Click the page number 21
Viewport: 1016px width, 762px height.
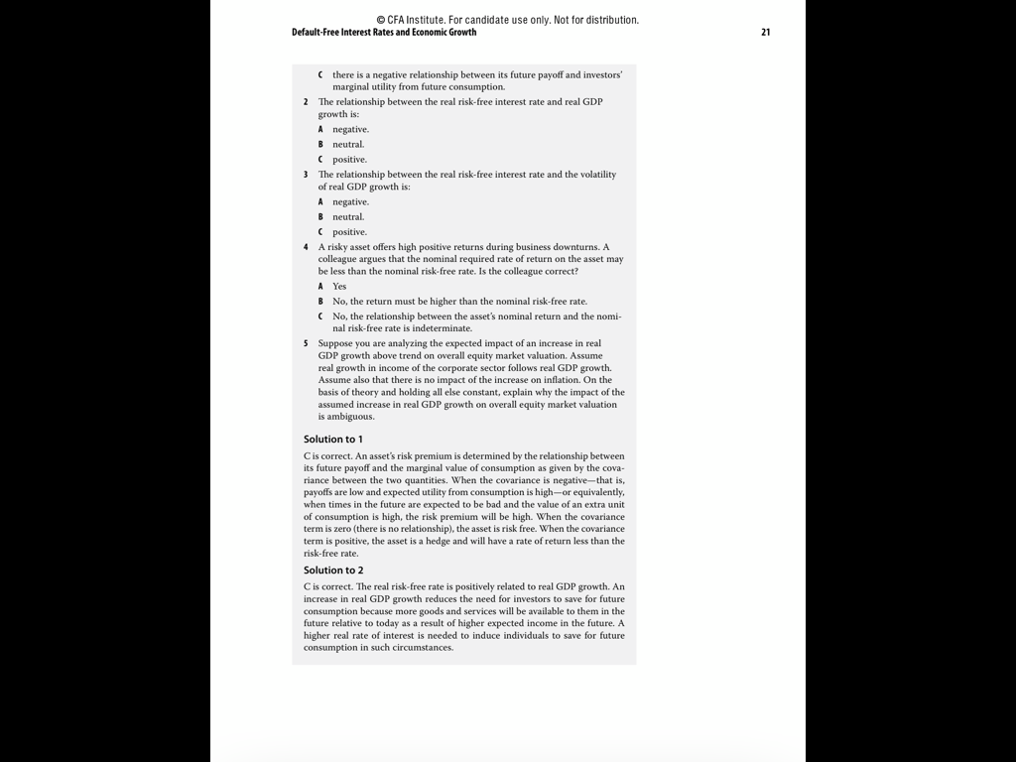765,32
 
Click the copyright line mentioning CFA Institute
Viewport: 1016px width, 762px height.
507,20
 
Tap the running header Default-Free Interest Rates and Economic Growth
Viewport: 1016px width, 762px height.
384,32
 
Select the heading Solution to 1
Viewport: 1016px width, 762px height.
333,439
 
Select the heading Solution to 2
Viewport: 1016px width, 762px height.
333,571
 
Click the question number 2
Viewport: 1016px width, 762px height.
306,102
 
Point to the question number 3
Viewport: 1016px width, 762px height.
306,175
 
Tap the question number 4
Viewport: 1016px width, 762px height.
306,247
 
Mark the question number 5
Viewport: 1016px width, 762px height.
306,343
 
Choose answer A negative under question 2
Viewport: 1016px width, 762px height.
350,129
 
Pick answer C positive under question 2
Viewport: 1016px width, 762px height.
349,160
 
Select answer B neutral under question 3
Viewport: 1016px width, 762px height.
348,217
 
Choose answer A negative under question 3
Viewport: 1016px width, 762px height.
350,201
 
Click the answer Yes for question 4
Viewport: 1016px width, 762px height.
339,286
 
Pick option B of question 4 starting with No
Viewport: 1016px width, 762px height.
459,301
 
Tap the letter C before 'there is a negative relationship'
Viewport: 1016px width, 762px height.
320,74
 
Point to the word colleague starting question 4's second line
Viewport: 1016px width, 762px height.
339,259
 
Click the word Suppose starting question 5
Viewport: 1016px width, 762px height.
337,343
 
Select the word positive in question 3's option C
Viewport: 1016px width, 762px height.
349,232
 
